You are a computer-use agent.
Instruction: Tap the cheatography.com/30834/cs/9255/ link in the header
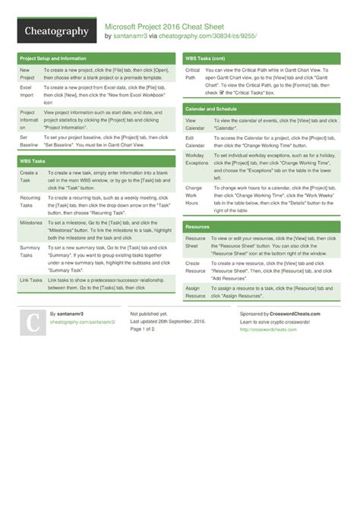[x=219, y=36]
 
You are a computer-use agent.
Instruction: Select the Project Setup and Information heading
[x=53, y=58]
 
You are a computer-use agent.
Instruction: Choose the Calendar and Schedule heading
[x=211, y=109]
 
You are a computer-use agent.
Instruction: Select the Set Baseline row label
[x=28, y=140]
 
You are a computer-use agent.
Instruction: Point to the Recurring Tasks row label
[x=31, y=201]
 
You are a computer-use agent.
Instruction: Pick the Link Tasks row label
[x=32, y=280]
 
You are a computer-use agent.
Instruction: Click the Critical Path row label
[x=193, y=74]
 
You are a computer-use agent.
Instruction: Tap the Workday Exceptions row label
[x=197, y=158]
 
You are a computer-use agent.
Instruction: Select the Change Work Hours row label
[x=194, y=195]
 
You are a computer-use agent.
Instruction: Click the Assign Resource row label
[x=196, y=291]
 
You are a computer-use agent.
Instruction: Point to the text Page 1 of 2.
[x=146, y=329]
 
